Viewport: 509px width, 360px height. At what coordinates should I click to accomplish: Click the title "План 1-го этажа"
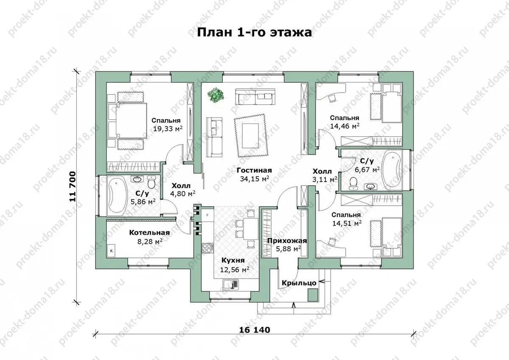254,33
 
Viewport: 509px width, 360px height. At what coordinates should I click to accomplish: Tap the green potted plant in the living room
215,95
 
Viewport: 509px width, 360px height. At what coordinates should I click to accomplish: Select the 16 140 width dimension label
255,330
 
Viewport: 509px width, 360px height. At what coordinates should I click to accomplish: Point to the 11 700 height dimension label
73,187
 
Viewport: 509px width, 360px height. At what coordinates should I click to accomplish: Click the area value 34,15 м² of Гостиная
255,179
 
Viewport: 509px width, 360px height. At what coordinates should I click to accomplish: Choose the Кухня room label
233,260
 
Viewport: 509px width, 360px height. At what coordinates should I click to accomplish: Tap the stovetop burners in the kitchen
207,248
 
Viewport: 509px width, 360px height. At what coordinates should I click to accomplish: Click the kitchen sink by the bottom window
231,284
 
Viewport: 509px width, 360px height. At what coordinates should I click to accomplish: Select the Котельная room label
149,233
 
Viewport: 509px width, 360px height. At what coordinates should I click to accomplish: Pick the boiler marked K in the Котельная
111,251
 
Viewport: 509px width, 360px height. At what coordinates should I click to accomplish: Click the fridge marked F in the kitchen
207,215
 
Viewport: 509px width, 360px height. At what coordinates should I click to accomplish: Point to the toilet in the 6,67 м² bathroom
353,183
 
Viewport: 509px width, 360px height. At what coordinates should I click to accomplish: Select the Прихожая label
287,241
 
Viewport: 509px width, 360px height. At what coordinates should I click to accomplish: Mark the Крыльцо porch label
299,283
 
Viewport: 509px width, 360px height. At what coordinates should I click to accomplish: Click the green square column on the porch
313,295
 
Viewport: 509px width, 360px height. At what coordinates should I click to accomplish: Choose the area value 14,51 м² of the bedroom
347,223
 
